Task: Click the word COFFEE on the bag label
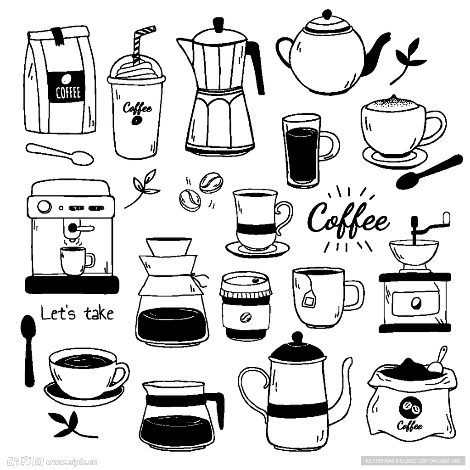coord(68,93)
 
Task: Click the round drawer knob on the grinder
coord(415,303)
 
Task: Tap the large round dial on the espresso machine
coord(44,207)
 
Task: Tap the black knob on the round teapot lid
coord(326,14)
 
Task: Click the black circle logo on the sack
coord(411,406)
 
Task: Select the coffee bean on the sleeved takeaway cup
coord(246,317)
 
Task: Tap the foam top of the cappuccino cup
coord(393,103)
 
